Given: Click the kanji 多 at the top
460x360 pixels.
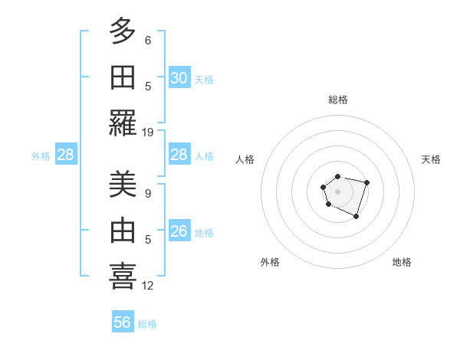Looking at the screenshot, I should [123, 33].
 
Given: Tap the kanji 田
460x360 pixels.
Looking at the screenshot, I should [123, 77].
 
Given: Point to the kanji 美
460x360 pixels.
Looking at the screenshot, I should [123, 185].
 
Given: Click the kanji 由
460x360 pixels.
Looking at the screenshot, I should [123, 231].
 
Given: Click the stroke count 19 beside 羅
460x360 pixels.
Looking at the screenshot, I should [148, 132].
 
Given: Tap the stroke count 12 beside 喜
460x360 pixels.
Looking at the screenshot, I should [148, 286].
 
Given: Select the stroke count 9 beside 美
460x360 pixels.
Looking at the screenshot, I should [148, 194].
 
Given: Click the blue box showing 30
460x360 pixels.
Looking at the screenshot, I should [179, 77].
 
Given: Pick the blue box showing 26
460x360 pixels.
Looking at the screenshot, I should [179, 231].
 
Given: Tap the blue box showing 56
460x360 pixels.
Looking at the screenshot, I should [123, 322].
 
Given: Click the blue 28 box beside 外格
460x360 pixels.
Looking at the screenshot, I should [65, 155].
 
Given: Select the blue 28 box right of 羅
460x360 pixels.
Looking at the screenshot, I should [179, 155].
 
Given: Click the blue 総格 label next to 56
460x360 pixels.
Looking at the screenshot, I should [147, 324].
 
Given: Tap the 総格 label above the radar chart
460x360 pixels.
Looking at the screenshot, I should [337, 100].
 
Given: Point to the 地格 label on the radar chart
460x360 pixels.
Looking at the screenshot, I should [402, 262].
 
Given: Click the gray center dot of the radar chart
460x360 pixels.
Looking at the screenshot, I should [337, 190].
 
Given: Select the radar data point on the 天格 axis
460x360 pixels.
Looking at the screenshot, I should [367, 182].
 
